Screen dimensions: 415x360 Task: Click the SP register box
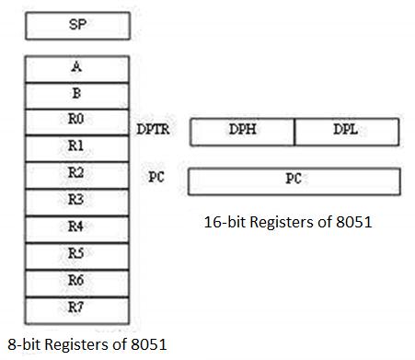[x=77, y=26]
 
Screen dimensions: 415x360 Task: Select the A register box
[x=77, y=68]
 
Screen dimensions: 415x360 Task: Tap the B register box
[x=77, y=94]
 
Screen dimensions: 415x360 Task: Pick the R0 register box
[x=77, y=121]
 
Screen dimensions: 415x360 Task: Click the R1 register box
[x=77, y=147]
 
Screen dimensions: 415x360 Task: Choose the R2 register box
[x=77, y=174]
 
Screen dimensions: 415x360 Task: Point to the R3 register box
[x=77, y=201]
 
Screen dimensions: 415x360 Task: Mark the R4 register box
[x=77, y=227]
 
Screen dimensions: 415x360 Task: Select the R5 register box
[x=77, y=254]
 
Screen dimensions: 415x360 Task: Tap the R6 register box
[x=77, y=281]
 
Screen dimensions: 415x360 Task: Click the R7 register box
[x=77, y=308]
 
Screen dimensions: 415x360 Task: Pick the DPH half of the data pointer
[x=242, y=132]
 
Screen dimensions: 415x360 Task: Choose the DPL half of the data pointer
[x=347, y=132]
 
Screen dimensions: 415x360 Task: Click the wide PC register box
[x=294, y=180]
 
